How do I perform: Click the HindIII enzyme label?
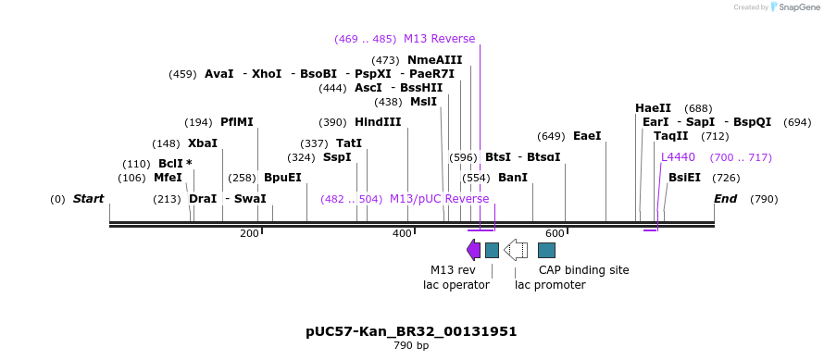coord(378,122)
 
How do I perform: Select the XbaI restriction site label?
coord(202,143)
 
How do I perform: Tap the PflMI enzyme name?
coord(236,122)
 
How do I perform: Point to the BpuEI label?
coord(282,178)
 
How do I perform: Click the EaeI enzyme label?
coord(587,136)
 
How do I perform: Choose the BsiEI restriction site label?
coord(684,178)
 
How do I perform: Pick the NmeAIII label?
coord(434,60)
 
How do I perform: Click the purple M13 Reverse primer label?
coord(439,39)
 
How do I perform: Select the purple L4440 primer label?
coord(678,157)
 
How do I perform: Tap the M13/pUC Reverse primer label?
coord(439,199)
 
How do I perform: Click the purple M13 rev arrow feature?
coord(473,250)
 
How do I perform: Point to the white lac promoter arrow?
coord(516,250)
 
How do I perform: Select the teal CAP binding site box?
coord(546,250)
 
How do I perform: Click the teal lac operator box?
coord(492,250)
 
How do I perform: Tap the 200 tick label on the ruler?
coord(249,234)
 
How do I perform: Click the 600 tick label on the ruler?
coord(555,234)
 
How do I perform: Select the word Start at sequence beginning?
coord(88,199)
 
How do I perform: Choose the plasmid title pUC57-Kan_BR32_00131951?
coord(411,331)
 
